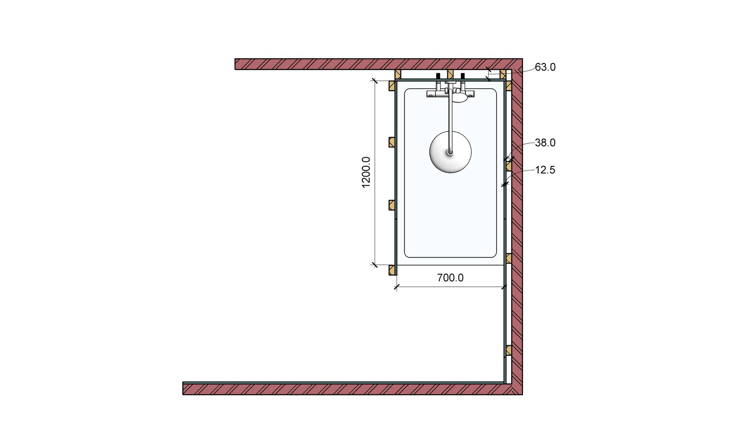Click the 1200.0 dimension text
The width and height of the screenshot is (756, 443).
point(366,172)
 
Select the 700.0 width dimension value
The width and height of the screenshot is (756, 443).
point(450,278)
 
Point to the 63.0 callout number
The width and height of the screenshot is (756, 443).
point(545,67)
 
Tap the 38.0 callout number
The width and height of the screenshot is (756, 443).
point(545,143)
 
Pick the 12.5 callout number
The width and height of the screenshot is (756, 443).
point(545,170)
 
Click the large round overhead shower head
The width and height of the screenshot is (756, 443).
point(450,152)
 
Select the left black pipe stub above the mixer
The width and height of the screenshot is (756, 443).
point(438,76)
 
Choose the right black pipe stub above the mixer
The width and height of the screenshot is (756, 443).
point(463,76)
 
